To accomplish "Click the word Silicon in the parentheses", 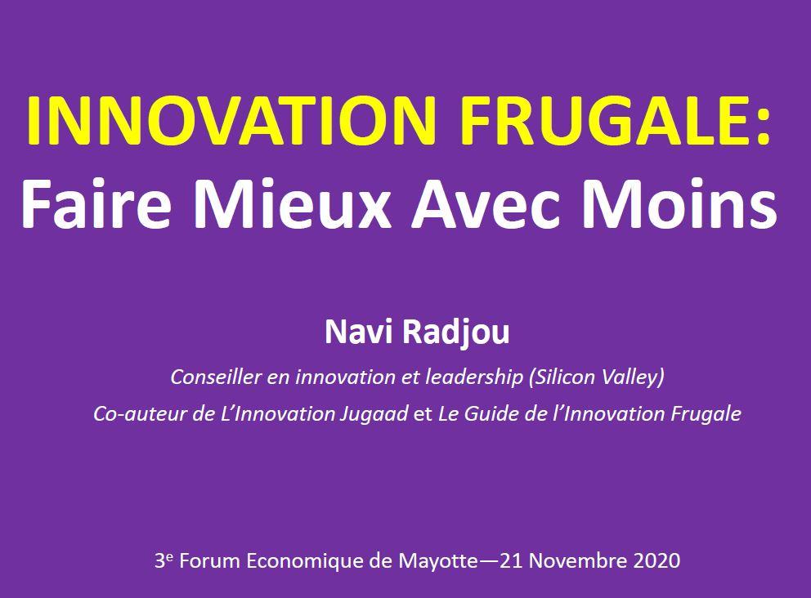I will click(569, 377).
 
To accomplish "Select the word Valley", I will click(634, 378).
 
